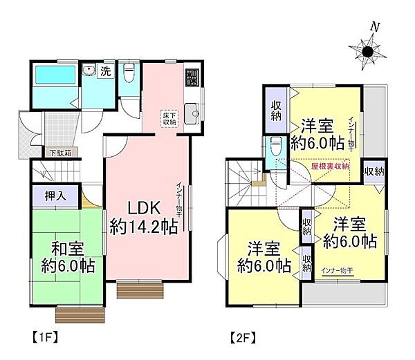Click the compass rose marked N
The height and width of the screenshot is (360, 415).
click(x=369, y=49)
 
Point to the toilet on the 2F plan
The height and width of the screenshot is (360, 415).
click(x=275, y=145)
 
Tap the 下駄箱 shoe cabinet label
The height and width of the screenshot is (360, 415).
click(x=61, y=151)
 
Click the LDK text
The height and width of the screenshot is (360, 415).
click(x=145, y=207)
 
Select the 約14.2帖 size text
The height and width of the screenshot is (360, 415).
click(x=145, y=227)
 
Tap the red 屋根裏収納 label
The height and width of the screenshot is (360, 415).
click(x=331, y=167)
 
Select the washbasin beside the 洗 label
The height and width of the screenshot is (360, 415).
click(x=89, y=69)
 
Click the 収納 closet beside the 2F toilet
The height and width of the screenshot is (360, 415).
click(x=274, y=111)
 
